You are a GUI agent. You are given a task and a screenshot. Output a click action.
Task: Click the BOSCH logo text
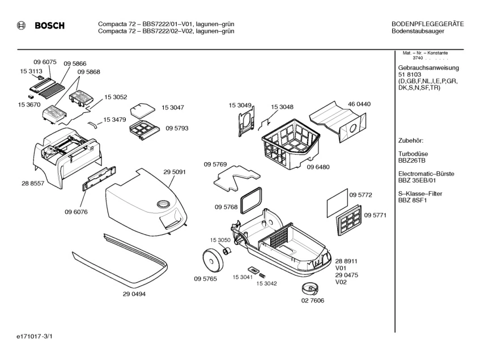[49, 26]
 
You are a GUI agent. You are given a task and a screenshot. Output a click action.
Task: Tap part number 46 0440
[359, 104]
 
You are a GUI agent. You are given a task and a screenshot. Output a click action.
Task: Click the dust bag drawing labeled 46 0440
[338, 122]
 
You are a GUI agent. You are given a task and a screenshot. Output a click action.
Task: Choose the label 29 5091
[175, 172]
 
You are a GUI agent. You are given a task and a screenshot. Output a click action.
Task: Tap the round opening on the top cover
[163, 202]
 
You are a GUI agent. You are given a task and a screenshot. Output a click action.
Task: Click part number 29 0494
[134, 294]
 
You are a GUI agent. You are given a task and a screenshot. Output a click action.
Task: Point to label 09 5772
[360, 194]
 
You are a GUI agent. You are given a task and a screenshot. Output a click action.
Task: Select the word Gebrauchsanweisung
[428, 68]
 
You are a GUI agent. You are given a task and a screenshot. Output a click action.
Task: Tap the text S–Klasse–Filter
[420, 194]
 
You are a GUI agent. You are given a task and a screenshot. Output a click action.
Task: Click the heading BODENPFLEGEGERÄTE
[427, 23]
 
